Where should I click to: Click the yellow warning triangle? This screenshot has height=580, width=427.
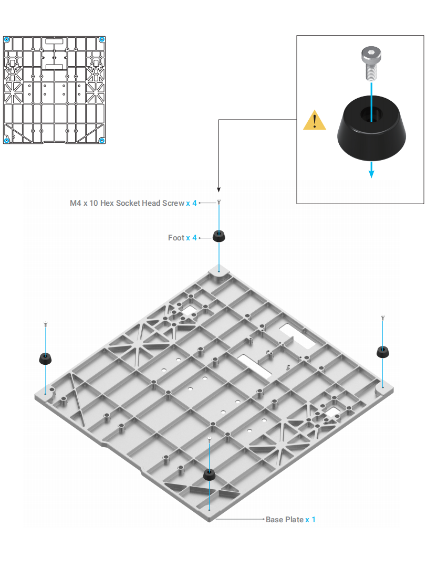(x=315, y=121)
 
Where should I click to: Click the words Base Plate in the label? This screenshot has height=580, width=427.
(x=284, y=520)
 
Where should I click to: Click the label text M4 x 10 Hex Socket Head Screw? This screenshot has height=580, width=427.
(x=127, y=203)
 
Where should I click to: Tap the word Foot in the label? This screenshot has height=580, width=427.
(x=176, y=238)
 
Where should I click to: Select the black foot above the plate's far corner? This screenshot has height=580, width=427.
(x=219, y=236)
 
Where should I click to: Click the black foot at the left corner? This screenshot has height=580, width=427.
(x=46, y=359)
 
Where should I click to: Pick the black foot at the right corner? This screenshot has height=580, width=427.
(x=383, y=351)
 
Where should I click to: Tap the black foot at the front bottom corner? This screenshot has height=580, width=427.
(x=210, y=475)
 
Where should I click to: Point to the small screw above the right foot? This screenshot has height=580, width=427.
(x=383, y=317)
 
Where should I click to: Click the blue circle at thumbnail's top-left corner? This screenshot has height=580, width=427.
(x=6, y=39)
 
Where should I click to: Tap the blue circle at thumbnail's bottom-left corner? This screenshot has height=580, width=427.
(x=6, y=140)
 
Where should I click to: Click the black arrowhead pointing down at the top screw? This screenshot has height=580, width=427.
(x=219, y=189)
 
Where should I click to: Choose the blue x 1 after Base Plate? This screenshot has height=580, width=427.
(x=310, y=520)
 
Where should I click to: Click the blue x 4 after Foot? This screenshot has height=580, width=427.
(x=191, y=238)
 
